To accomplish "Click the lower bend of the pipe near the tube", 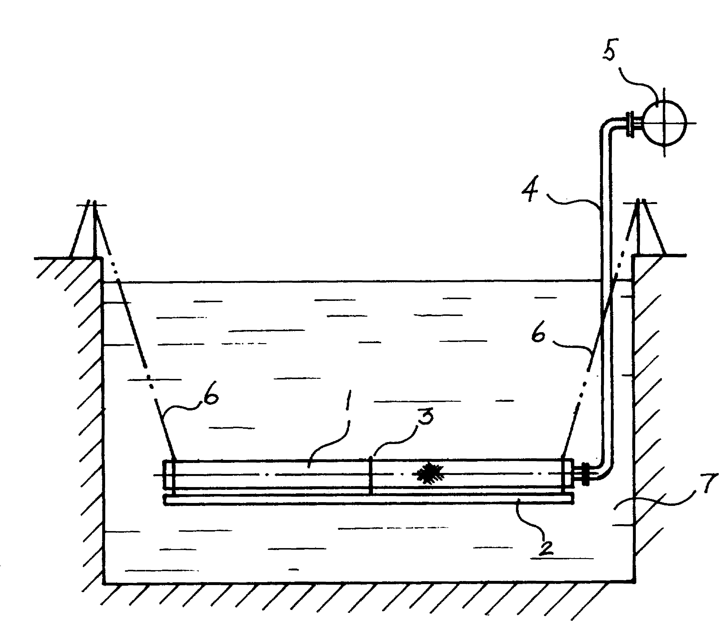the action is click(603, 470).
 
